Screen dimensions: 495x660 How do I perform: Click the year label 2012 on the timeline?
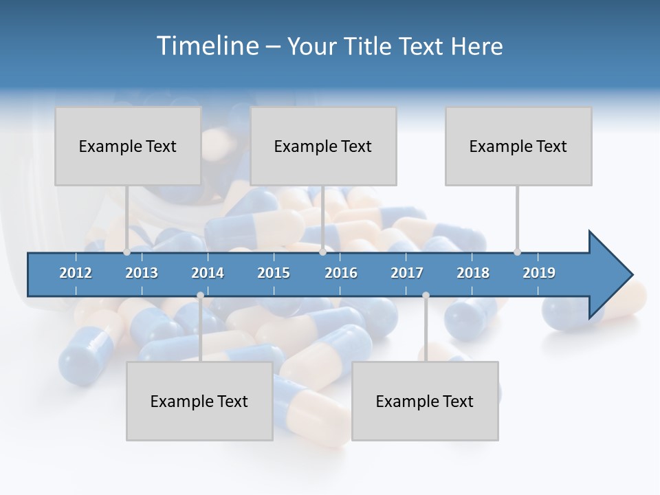coord(76,273)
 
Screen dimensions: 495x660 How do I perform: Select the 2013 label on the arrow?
coord(142,273)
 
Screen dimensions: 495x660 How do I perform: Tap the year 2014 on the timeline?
coord(208,273)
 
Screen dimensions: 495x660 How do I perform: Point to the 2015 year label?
coord(274,273)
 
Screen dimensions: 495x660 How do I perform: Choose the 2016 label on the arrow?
coord(341,273)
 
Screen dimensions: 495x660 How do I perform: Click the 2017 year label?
coord(407,273)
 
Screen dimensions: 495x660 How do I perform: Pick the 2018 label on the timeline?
coord(473,273)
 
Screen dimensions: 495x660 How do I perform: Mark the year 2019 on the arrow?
coord(539,273)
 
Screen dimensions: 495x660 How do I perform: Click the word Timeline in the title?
coord(206,46)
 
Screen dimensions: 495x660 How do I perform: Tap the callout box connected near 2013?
coord(128,146)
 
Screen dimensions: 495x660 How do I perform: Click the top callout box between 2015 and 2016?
coord(323,146)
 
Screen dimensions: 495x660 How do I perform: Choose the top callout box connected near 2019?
coord(518,146)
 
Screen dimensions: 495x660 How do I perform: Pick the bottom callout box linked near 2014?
coord(199,401)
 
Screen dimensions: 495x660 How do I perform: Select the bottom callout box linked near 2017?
coord(425,401)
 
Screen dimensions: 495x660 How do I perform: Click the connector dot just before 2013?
coord(126,252)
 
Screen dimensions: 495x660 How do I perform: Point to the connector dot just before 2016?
coord(323,252)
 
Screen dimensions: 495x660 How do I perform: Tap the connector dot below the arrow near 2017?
coord(426,296)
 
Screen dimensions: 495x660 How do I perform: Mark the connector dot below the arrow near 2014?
coord(200,296)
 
